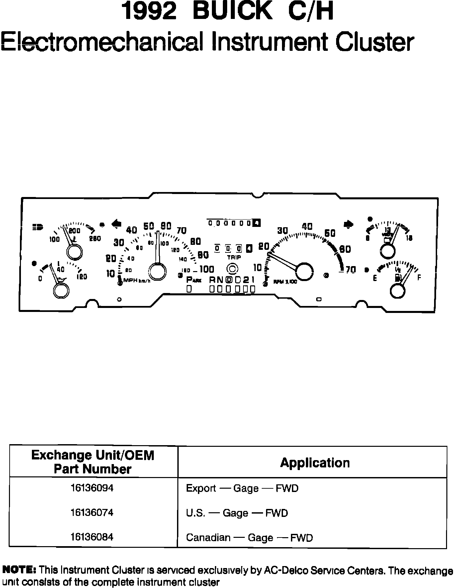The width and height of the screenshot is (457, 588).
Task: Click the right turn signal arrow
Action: [x=349, y=224]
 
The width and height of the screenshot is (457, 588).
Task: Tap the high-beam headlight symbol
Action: [x=38, y=227]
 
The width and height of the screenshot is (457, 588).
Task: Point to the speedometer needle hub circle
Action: [x=157, y=271]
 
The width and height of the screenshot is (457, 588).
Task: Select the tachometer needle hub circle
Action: [x=305, y=271]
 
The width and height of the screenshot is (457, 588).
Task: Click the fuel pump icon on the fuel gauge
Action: [x=398, y=277]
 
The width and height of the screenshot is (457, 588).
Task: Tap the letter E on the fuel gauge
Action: [x=375, y=278]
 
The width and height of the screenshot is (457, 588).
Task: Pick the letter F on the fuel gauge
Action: [x=419, y=278]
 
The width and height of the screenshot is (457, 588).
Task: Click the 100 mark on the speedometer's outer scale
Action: [x=207, y=269]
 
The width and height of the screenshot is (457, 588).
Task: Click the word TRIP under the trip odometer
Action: [x=234, y=257]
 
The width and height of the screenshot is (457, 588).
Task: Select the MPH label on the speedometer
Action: [x=131, y=280]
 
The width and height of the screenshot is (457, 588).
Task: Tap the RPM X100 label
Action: [x=285, y=282]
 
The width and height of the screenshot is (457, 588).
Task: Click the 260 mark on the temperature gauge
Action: [x=95, y=238]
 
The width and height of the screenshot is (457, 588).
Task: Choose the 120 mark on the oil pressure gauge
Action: [x=82, y=276]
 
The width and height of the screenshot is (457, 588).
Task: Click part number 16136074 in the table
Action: [x=92, y=513]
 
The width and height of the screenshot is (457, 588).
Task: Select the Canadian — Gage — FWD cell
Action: [x=249, y=538]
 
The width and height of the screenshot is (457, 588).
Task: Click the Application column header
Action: [x=315, y=463]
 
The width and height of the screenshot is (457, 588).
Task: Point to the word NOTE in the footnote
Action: [x=19, y=570]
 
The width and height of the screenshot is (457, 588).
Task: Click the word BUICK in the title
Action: [x=232, y=12]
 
